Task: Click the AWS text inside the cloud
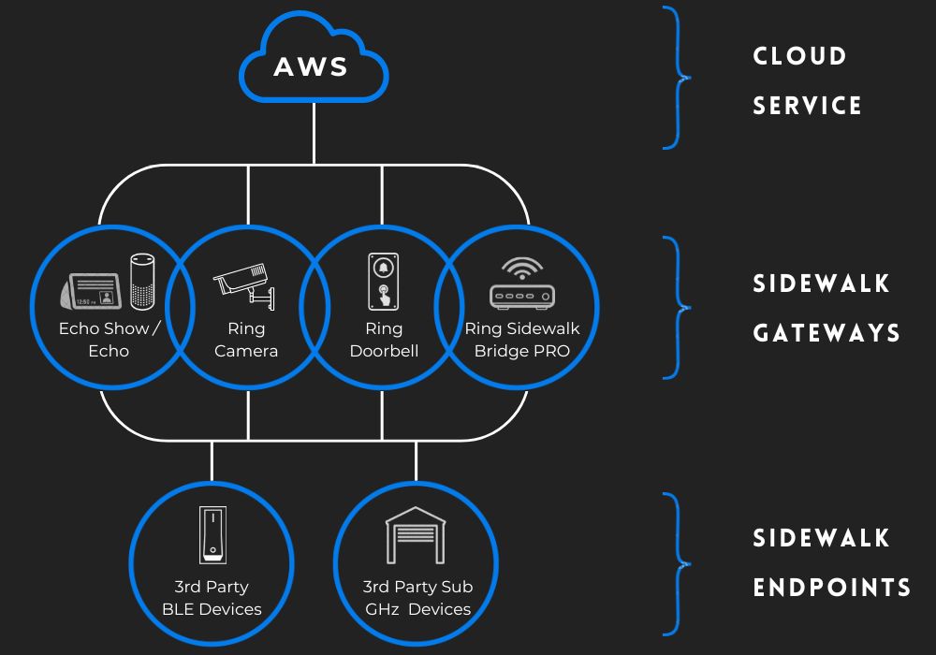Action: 312,67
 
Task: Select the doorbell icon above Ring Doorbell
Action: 383,281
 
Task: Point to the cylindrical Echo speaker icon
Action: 141,280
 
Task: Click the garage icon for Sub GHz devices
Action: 416,535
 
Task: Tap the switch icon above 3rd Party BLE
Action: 212,535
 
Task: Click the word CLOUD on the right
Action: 799,56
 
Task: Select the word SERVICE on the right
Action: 808,106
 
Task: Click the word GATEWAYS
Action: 826,333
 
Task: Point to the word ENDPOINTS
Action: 832,588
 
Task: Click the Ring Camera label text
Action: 246,340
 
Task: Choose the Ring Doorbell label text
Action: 383,340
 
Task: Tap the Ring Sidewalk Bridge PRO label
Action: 521,340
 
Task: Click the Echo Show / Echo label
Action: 110,340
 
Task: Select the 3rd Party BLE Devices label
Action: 212,598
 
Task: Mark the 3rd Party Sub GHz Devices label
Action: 417,598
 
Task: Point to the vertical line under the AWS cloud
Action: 314,131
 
